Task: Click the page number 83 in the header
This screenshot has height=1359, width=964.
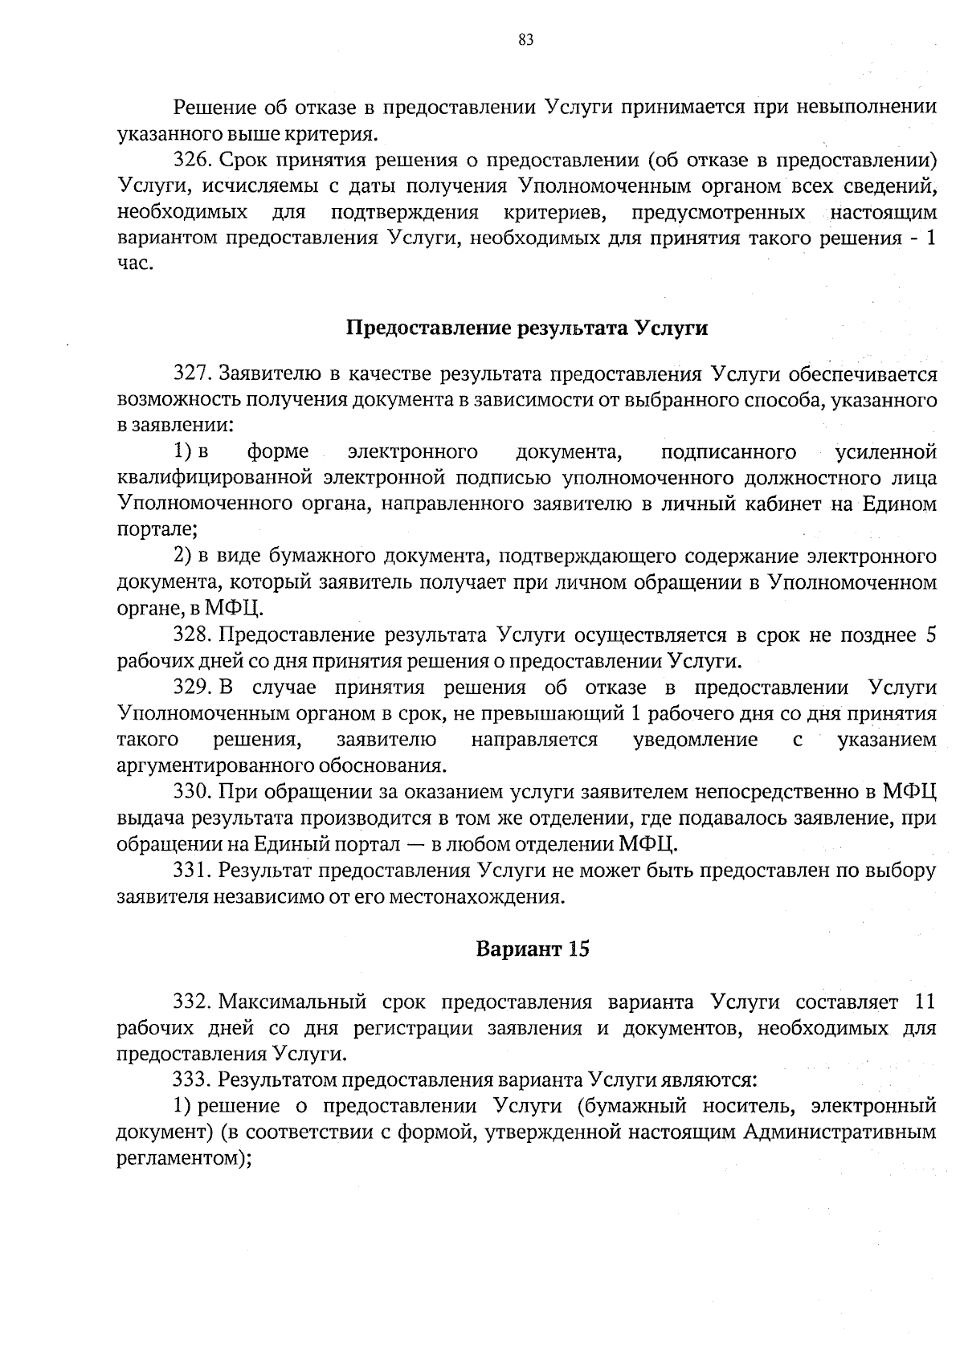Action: tap(526, 41)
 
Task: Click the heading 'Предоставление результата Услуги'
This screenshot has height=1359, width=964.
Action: tap(526, 329)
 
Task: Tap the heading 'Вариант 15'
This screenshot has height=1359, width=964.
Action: tap(533, 949)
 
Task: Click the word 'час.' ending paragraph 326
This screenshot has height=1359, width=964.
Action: tap(135, 264)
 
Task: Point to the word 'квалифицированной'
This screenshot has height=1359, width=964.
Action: tap(214, 479)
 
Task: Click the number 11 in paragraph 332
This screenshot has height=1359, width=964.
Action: tap(925, 1002)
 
